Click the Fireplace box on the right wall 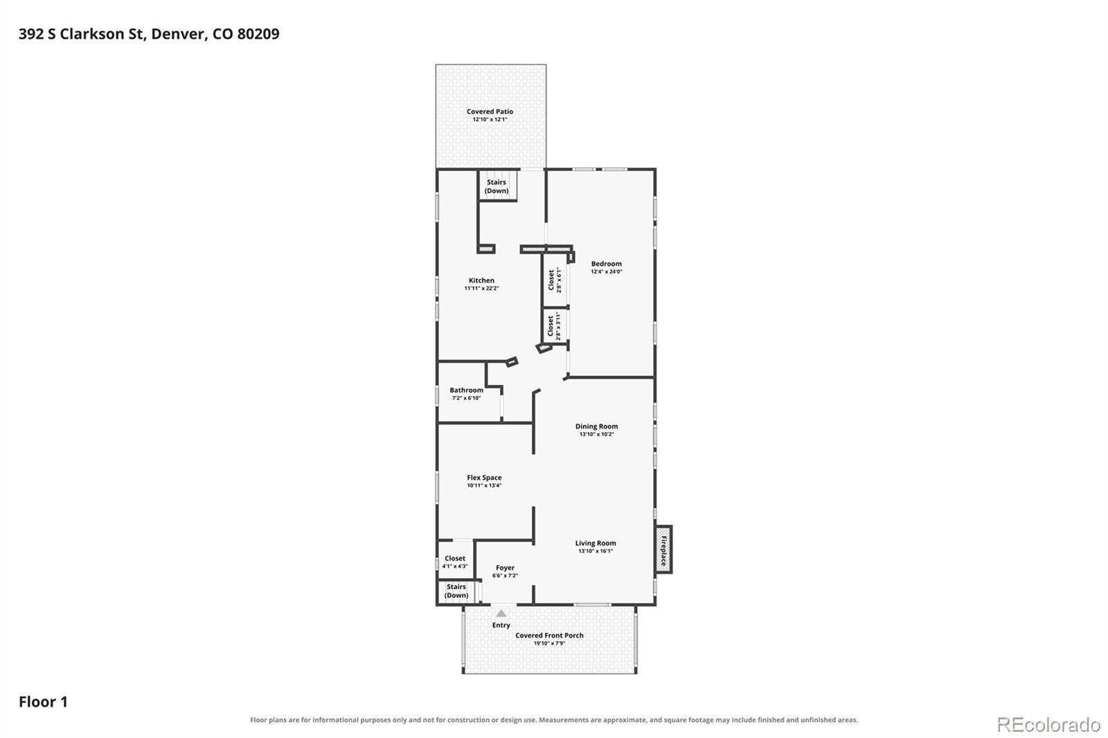pos(664,550)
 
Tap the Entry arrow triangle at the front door pos(501,613)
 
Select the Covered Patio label pos(490,111)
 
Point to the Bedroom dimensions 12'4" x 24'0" pos(607,271)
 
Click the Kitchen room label pos(481,280)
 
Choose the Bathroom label pos(467,390)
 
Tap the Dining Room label pos(596,426)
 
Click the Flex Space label pos(484,478)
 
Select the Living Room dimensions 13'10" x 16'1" pos(596,551)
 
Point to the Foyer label pos(505,568)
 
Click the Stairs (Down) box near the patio pos(498,186)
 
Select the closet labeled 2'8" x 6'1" pos(555,280)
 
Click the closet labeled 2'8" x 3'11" pos(555,326)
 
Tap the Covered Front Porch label pos(549,636)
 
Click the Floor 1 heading pos(43,702)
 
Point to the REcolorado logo pos(1048,725)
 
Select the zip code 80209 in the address pos(258,34)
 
